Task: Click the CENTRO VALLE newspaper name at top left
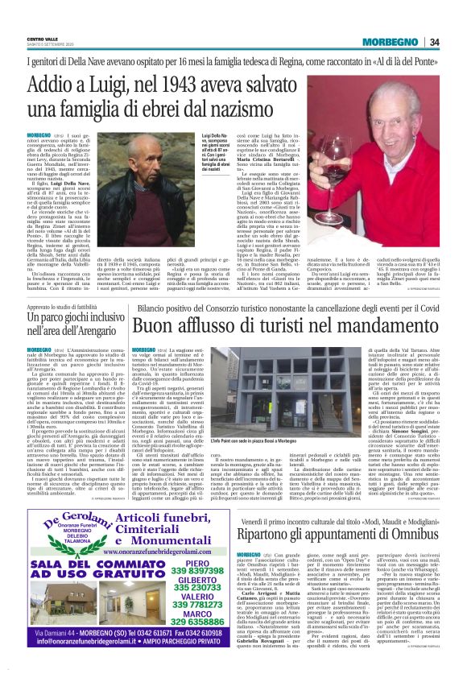coord(43,38)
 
